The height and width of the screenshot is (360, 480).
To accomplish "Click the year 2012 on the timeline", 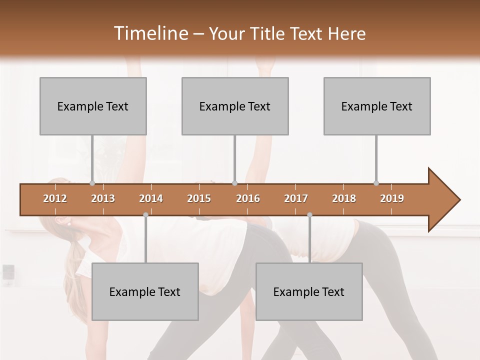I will tap(55, 198).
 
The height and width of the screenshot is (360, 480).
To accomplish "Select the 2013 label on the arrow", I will tap(103, 198).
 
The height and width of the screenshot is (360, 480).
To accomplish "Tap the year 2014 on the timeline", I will tap(151, 198).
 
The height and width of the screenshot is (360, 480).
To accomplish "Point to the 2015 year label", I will tap(199, 198).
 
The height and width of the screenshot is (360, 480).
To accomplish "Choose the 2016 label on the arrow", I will tap(248, 198).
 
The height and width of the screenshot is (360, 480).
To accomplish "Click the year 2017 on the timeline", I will tap(296, 198).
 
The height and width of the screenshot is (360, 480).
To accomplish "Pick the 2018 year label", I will tap(344, 198).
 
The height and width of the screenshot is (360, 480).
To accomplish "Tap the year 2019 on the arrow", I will tap(392, 198).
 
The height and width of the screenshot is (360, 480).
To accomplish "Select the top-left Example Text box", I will tap(93, 106).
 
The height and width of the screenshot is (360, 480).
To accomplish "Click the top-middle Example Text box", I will tap(235, 106).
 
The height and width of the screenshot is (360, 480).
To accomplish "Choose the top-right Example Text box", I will tap(377, 106).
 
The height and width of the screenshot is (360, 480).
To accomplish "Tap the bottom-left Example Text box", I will tap(145, 291).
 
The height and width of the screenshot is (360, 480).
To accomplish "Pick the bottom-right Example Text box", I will tap(309, 291).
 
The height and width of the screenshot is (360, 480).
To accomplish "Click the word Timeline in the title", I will tap(150, 33).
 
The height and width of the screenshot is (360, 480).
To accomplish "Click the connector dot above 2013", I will tap(92, 183).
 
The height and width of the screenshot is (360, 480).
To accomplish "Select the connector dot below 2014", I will tap(145, 215).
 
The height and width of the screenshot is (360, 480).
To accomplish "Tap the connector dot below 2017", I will tap(309, 215).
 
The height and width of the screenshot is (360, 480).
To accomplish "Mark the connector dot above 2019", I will tap(376, 183).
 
